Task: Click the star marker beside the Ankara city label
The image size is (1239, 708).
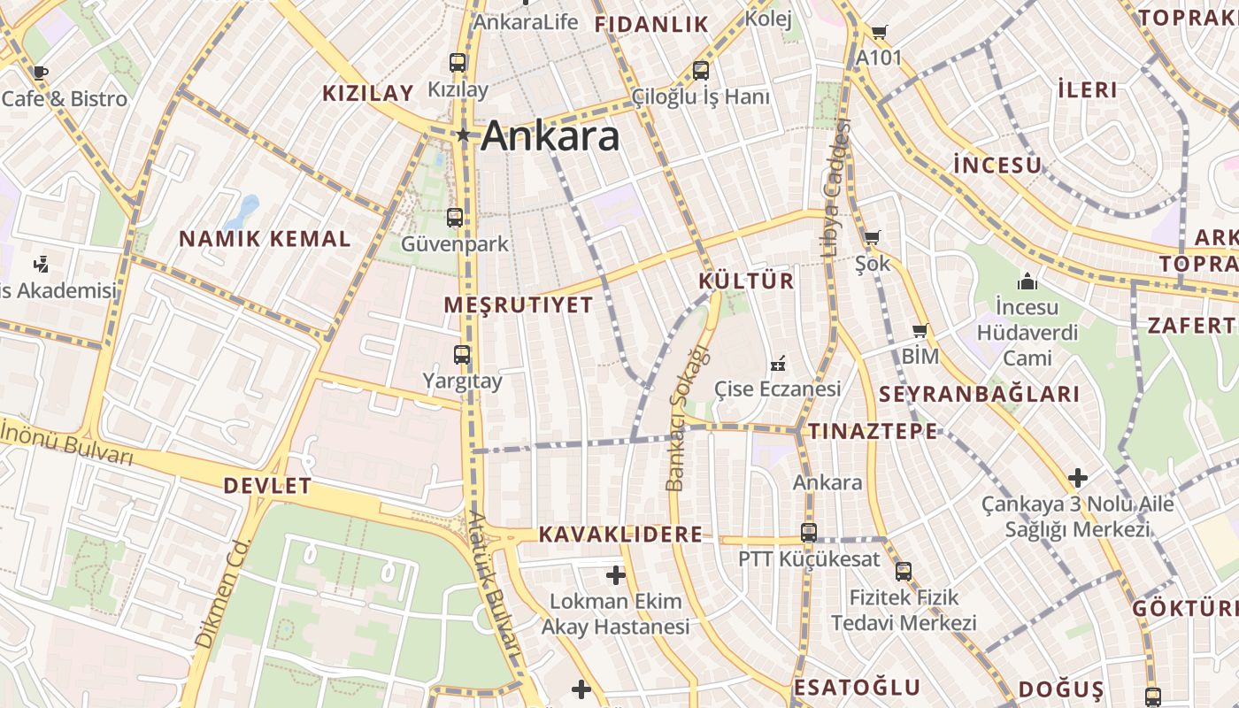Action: (x=462, y=135)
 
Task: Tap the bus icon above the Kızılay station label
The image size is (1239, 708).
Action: (x=458, y=63)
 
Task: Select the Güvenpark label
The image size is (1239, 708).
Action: (x=455, y=243)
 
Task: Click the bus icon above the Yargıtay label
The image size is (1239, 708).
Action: (x=462, y=355)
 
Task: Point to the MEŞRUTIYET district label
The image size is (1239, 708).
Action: (x=518, y=305)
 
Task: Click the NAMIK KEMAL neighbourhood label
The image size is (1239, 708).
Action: (x=265, y=239)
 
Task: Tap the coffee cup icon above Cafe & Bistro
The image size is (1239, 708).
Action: (x=39, y=73)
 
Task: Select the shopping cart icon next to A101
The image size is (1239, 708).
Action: (x=879, y=33)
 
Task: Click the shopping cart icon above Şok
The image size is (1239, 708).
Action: (x=872, y=237)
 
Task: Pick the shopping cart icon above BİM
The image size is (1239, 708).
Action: (x=920, y=331)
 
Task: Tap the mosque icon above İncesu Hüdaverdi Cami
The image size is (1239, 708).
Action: (x=1027, y=281)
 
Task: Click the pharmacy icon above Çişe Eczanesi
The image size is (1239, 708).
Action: (x=778, y=362)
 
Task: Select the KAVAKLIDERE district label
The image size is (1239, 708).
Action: (x=620, y=535)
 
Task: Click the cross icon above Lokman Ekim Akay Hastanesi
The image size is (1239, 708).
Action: (x=616, y=575)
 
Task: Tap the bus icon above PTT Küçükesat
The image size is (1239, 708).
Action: (x=809, y=532)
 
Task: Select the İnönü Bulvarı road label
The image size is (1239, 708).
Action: (x=66, y=443)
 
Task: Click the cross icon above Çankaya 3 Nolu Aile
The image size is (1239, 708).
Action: (x=1077, y=478)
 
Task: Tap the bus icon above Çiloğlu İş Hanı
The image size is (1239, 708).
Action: (x=701, y=70)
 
